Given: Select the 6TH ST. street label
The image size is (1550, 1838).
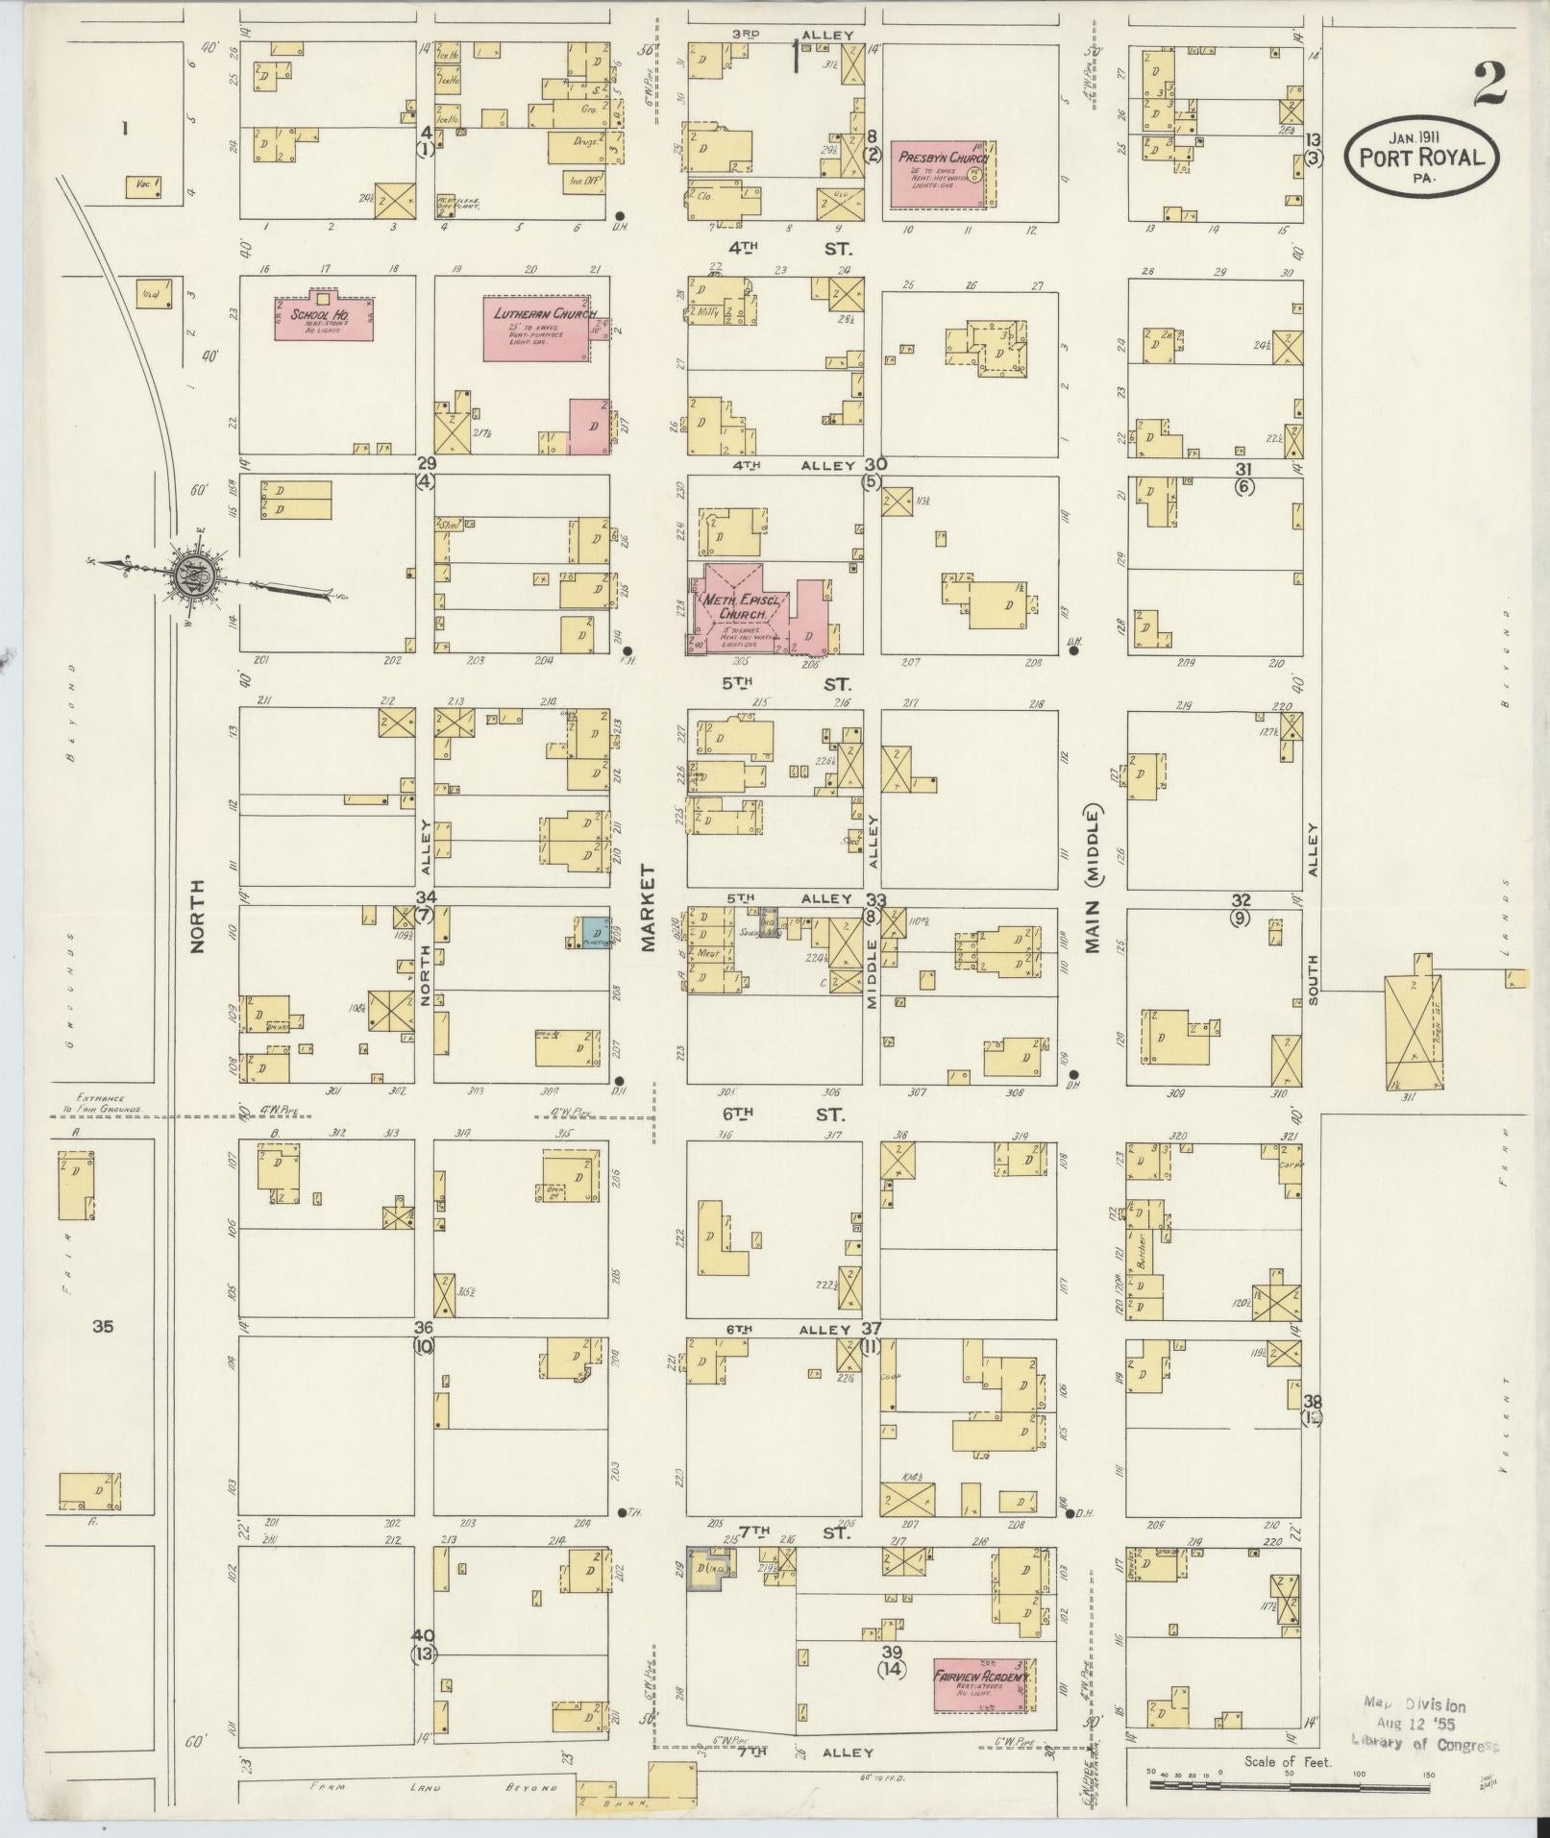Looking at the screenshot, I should click(789, 1115).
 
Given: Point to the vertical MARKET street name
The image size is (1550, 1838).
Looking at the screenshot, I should click(649, 907).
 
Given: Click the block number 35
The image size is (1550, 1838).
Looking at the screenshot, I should click(103, 1327).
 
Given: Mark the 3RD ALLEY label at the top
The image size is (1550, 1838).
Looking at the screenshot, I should click(793, 35).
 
